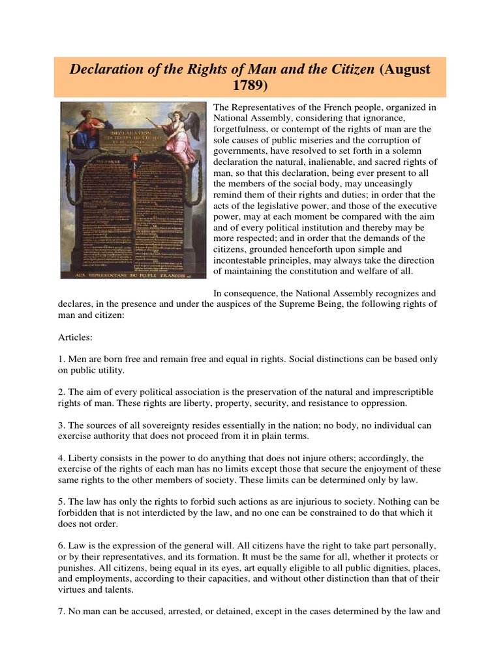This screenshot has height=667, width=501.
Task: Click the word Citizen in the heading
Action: coord(344,68)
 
